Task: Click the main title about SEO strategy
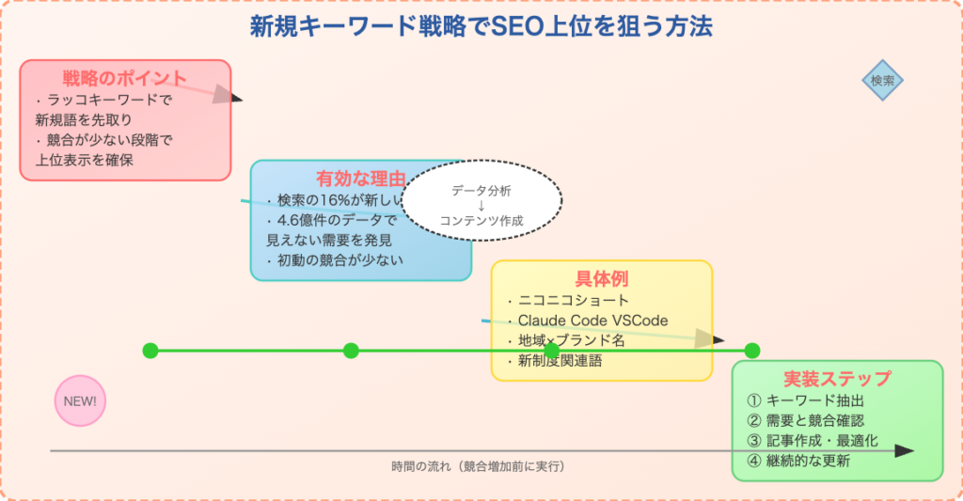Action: [481, 27]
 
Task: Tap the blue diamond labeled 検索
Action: [883, 81]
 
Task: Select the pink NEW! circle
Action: [80, 400]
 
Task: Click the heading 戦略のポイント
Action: [125, 78]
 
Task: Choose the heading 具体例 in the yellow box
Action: [601, 279]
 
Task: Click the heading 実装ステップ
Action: [837, 379]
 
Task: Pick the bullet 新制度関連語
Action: [560, 360]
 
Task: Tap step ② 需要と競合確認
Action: [805, 420]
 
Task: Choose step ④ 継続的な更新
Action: [798, 461]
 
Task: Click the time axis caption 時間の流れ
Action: [479, 466]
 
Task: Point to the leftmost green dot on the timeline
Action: [150, 351]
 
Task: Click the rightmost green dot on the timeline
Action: [751, 351]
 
